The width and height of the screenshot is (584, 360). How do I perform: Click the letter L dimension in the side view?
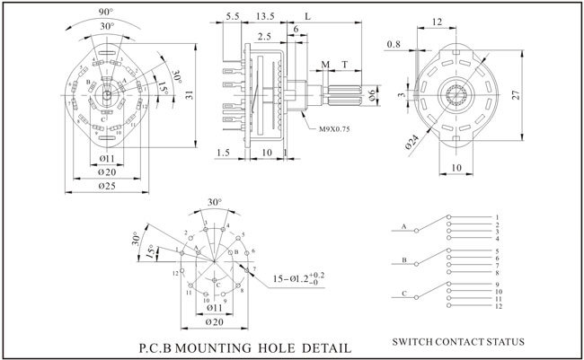point(308,16)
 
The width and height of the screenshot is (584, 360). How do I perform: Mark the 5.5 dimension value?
point(232,16)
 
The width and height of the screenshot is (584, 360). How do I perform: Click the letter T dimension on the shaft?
point(345,65)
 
